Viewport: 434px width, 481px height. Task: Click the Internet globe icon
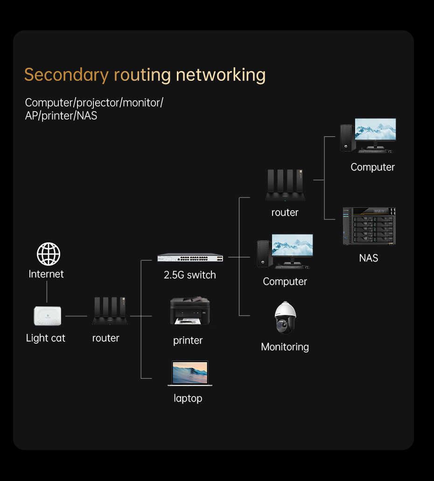49,255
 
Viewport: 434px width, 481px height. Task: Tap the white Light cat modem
48,316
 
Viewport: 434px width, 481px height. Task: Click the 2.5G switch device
190,257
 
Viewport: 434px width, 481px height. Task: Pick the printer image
189,311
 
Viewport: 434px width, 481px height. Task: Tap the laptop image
190,373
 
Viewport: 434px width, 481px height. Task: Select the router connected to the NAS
285,185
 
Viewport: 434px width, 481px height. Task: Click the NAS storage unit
369,226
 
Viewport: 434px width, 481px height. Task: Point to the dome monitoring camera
285,318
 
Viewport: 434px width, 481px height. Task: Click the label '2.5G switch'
190,275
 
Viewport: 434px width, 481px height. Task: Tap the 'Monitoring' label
285,347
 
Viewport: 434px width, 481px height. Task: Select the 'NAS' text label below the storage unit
369,258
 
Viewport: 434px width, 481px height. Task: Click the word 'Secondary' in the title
66,75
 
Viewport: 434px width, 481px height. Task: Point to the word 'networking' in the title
221,75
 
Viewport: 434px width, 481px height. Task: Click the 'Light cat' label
46,338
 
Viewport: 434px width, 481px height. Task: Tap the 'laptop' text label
188,398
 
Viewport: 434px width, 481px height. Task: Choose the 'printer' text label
188,340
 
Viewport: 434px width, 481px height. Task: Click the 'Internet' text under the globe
46,274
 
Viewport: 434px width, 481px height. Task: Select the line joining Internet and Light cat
47,292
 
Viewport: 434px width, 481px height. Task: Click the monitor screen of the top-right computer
375,129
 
